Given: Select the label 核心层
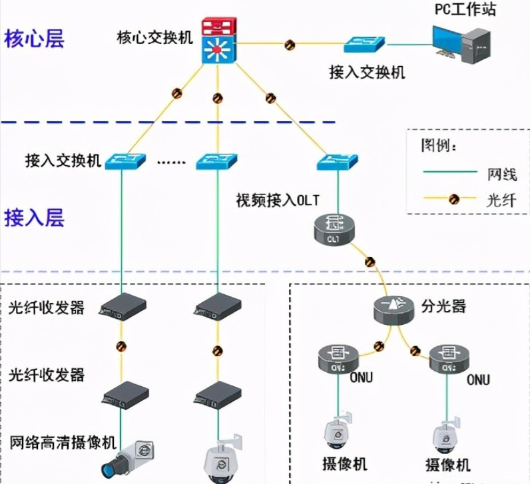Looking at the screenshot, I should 34,39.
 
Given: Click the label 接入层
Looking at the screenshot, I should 34,218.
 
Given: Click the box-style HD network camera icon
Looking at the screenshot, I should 129,457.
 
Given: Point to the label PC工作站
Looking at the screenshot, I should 465,9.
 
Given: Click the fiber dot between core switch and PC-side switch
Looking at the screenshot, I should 290,45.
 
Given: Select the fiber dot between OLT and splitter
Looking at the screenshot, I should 370,262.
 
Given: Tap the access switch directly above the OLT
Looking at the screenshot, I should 337,160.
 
